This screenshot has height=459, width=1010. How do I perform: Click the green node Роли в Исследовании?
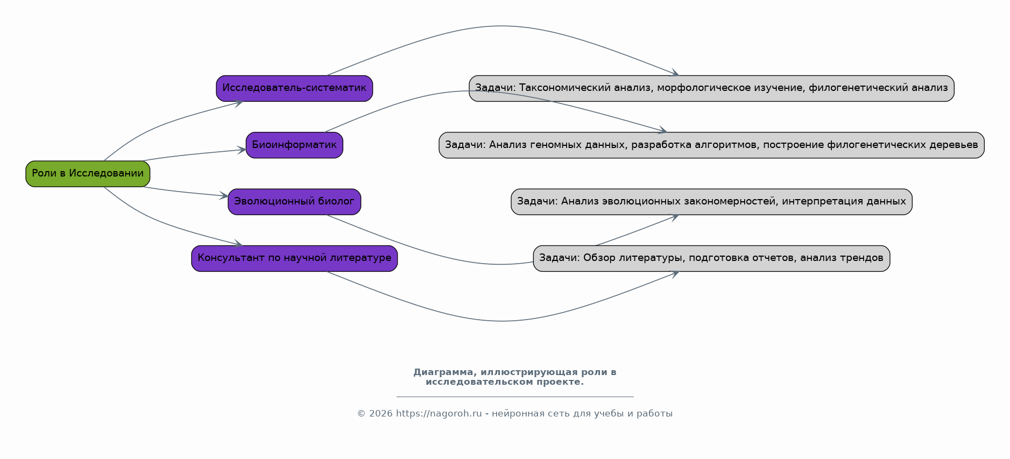88,174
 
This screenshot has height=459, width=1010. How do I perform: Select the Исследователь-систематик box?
294,88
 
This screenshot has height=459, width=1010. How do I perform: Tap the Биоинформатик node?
294,145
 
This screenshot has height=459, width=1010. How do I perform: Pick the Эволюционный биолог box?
294,202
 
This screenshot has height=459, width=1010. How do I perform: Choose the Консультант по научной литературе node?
294,258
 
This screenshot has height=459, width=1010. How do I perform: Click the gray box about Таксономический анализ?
711,88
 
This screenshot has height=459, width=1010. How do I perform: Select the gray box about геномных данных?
711,145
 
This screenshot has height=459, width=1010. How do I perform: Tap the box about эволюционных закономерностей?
711,202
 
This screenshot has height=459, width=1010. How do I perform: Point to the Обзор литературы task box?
711,258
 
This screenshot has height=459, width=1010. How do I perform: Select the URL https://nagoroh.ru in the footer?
439,414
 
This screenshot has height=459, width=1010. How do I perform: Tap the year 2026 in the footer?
381,414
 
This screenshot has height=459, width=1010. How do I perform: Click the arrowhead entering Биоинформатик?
242,150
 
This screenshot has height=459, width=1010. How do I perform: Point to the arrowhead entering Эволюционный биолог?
224,196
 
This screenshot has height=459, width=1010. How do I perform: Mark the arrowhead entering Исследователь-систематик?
238,102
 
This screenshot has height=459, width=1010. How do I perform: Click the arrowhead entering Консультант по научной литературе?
238,244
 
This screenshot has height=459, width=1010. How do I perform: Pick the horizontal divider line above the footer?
515,397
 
